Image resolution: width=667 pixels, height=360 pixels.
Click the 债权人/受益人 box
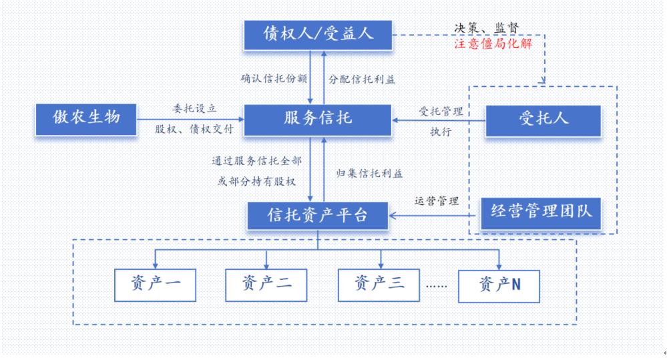317,35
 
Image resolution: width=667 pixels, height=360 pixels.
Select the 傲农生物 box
86,118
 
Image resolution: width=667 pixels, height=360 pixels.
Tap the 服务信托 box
317,119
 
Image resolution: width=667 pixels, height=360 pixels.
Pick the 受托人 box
544,119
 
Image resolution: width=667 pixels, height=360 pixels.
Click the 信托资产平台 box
317,215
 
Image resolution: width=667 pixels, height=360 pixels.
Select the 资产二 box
266,285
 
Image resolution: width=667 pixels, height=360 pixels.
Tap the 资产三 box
379,285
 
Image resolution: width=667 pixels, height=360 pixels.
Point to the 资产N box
499,286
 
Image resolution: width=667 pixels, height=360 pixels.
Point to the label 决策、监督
486,27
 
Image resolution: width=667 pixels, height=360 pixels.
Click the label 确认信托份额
274,78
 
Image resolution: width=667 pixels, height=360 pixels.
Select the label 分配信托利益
362,78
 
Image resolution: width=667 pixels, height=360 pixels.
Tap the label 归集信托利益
369,173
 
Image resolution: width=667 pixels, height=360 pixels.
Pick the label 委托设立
195,108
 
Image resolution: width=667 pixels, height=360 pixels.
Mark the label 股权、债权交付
194,129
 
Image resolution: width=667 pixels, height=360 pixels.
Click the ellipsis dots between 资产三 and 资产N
437,286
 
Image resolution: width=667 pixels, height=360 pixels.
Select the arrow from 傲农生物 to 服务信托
190,119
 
